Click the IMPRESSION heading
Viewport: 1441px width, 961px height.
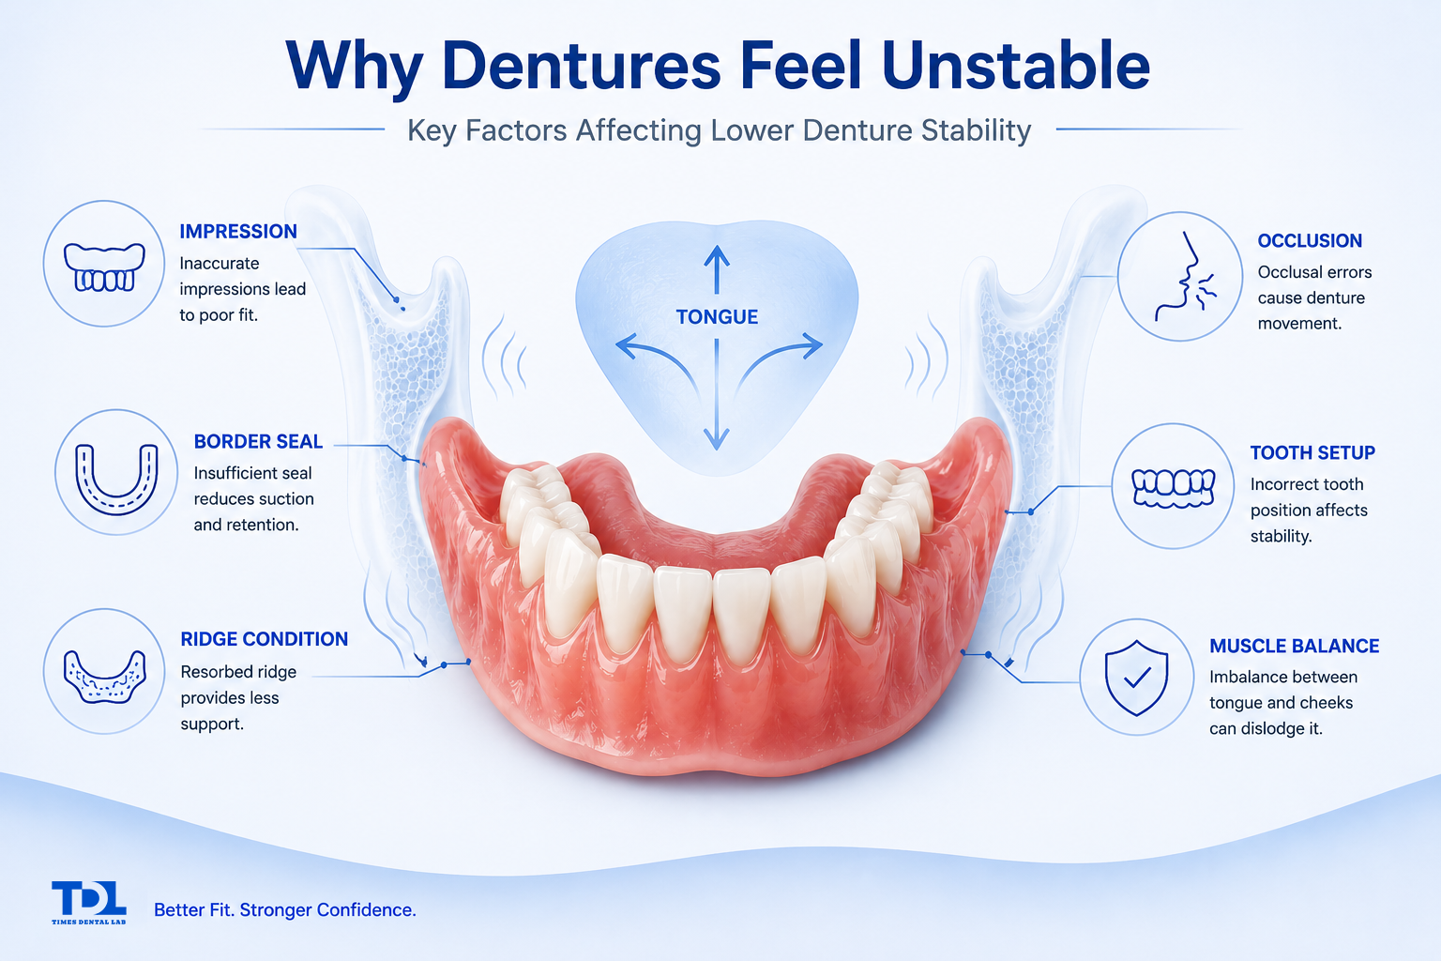(238, 232)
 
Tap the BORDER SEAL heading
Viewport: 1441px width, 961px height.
(258, 442)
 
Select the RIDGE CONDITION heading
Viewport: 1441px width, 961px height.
(265, 639)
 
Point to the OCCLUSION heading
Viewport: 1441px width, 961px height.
(1310, 241)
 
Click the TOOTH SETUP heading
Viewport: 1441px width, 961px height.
(1312, 453)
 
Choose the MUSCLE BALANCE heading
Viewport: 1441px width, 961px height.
(1295, 646)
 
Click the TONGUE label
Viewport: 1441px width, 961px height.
(717, 316)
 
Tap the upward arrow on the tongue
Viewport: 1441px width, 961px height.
(717, 270)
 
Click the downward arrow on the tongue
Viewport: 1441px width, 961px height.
(716, 394)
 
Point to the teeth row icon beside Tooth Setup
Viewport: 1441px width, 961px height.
(1174, 488)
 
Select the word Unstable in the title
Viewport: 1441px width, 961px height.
(1016, 67)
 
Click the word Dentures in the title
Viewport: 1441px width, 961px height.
(582, 67)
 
